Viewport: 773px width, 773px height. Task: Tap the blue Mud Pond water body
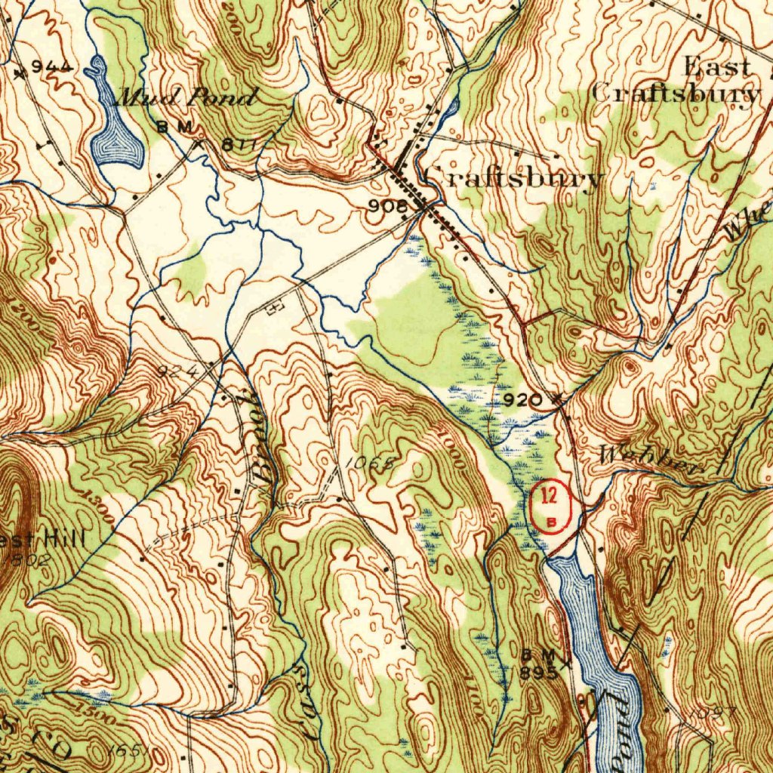click(x=115, y=136)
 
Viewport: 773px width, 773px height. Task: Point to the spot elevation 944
click(x=54, y=67)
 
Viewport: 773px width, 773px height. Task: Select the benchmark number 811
click(x=240, y=143)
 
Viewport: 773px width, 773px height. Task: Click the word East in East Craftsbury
click(x=717, y=67)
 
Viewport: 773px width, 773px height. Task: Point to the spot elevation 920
click(x=522, y=399)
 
